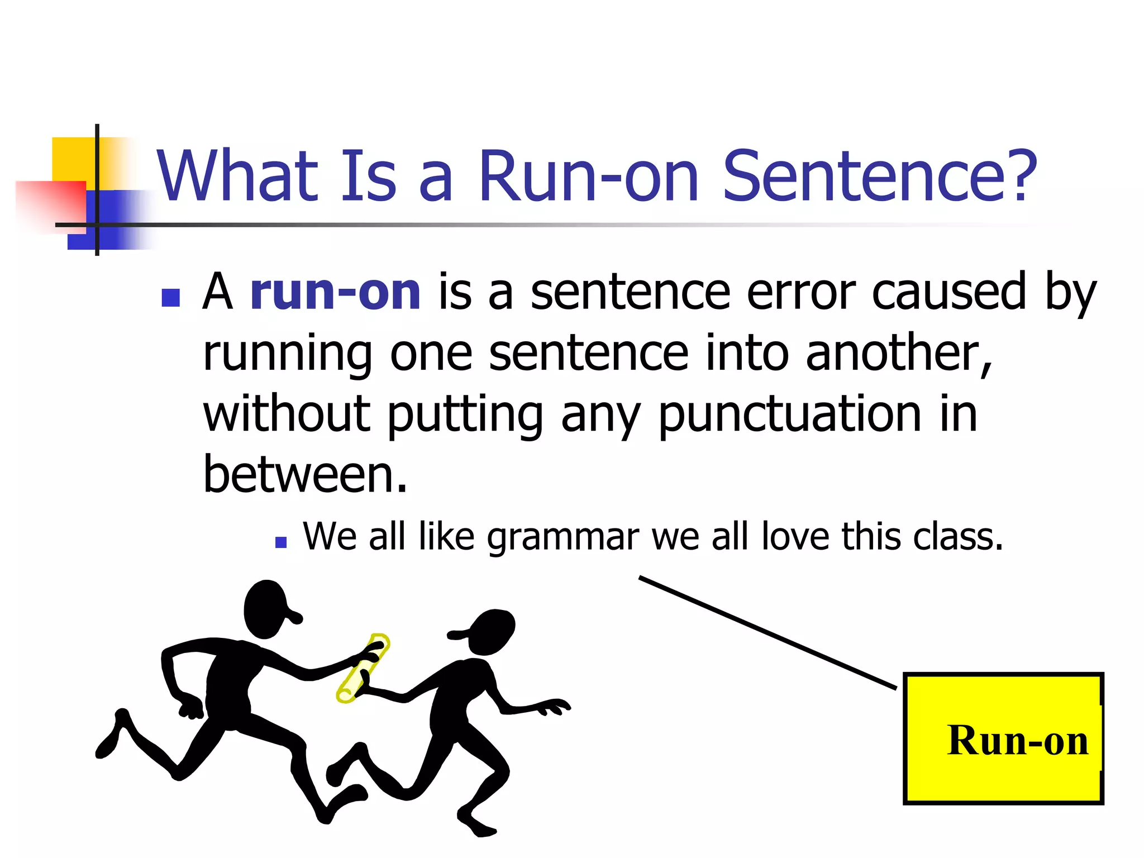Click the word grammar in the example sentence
coord(563,537)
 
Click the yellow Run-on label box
coord(1003,738)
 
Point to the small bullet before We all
coord(281,542)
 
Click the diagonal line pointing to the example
coord(768,632)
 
